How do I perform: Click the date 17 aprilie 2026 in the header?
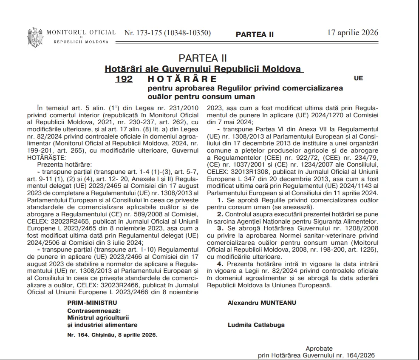352,33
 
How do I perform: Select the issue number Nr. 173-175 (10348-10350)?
167,33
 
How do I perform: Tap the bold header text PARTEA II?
255,34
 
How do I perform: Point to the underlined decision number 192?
124,79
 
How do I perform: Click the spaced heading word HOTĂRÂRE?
182,79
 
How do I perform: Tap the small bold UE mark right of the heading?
358,78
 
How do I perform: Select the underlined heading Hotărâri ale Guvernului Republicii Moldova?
204,68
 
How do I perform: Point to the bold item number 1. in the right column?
220,199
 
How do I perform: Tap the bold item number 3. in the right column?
220,229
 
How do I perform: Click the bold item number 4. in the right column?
220,264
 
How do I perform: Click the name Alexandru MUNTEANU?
262,303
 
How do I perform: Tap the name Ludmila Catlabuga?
256,325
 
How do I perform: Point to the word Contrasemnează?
94,310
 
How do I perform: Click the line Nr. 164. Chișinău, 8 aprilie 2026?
112,334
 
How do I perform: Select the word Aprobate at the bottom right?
319,349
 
